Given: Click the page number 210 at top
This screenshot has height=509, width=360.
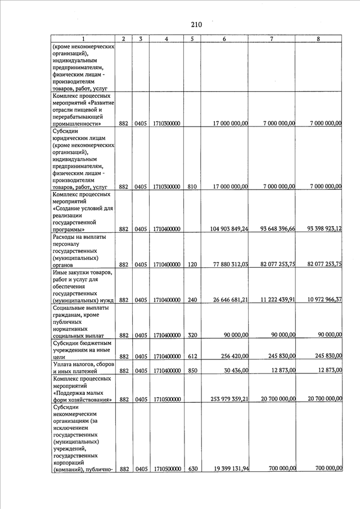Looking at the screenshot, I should click(x=196, y=25).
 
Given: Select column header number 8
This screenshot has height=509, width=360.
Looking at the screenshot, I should click(x=319, y=39).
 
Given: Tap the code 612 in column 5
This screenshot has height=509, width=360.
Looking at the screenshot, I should click(x=192, y=357).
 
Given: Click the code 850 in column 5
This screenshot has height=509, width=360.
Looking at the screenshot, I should click(x=192, y=371).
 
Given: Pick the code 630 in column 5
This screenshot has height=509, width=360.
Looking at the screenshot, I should click(x=192, y=469).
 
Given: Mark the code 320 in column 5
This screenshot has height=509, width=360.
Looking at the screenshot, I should click(x=192, y=335).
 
